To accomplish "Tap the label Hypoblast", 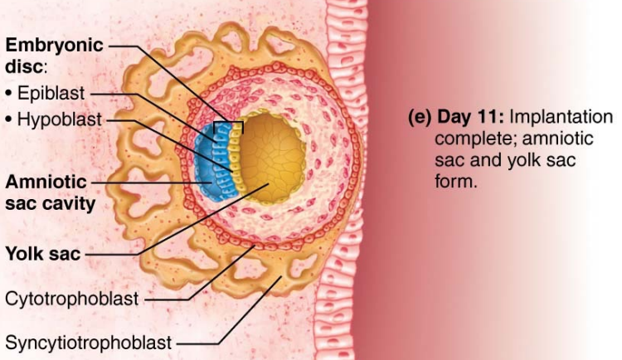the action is click(x=57, y=119).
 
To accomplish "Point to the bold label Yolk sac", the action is click(x=43, y=254).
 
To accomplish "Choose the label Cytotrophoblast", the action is click(x=72, y=298).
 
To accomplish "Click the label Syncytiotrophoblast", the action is click(x=89, y=341).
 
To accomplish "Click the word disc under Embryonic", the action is click(x=25, y=65).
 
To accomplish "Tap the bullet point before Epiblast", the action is click(x=9, y=93).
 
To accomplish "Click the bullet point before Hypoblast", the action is click(x=9, y=120).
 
